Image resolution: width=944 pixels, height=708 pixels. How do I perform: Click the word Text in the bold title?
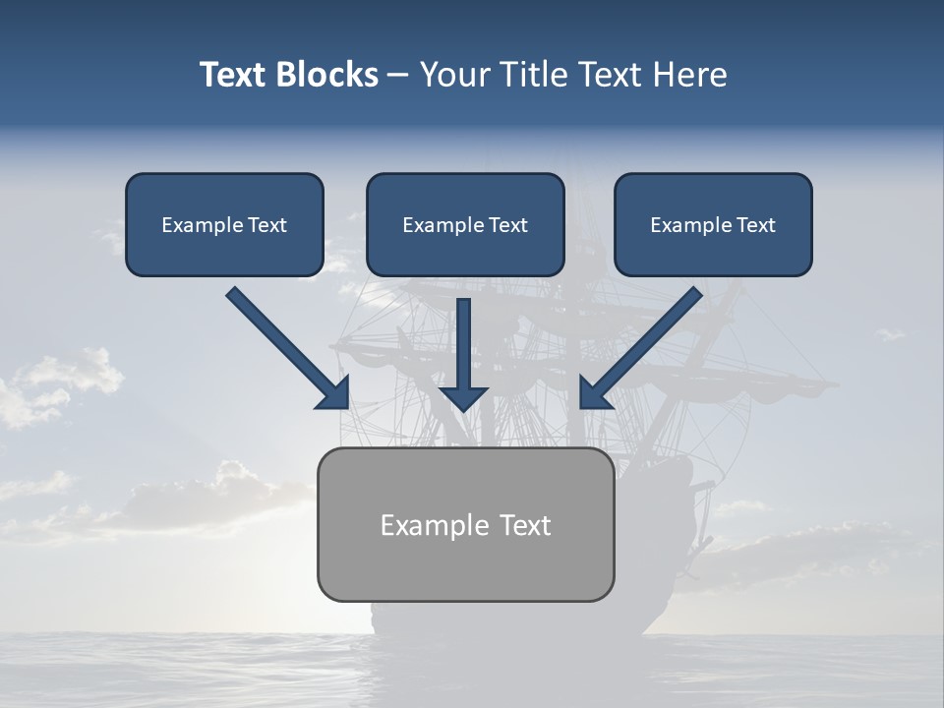pos(233,75)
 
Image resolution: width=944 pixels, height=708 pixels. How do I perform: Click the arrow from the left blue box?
pos(285,344)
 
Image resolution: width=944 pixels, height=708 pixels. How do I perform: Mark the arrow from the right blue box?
pos(644,344)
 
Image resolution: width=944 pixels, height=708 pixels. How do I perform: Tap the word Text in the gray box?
pos(524,525)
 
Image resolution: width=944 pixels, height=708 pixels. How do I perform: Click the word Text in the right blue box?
pos(755,225)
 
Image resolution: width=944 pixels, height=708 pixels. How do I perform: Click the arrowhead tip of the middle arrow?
pos(463,407)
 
